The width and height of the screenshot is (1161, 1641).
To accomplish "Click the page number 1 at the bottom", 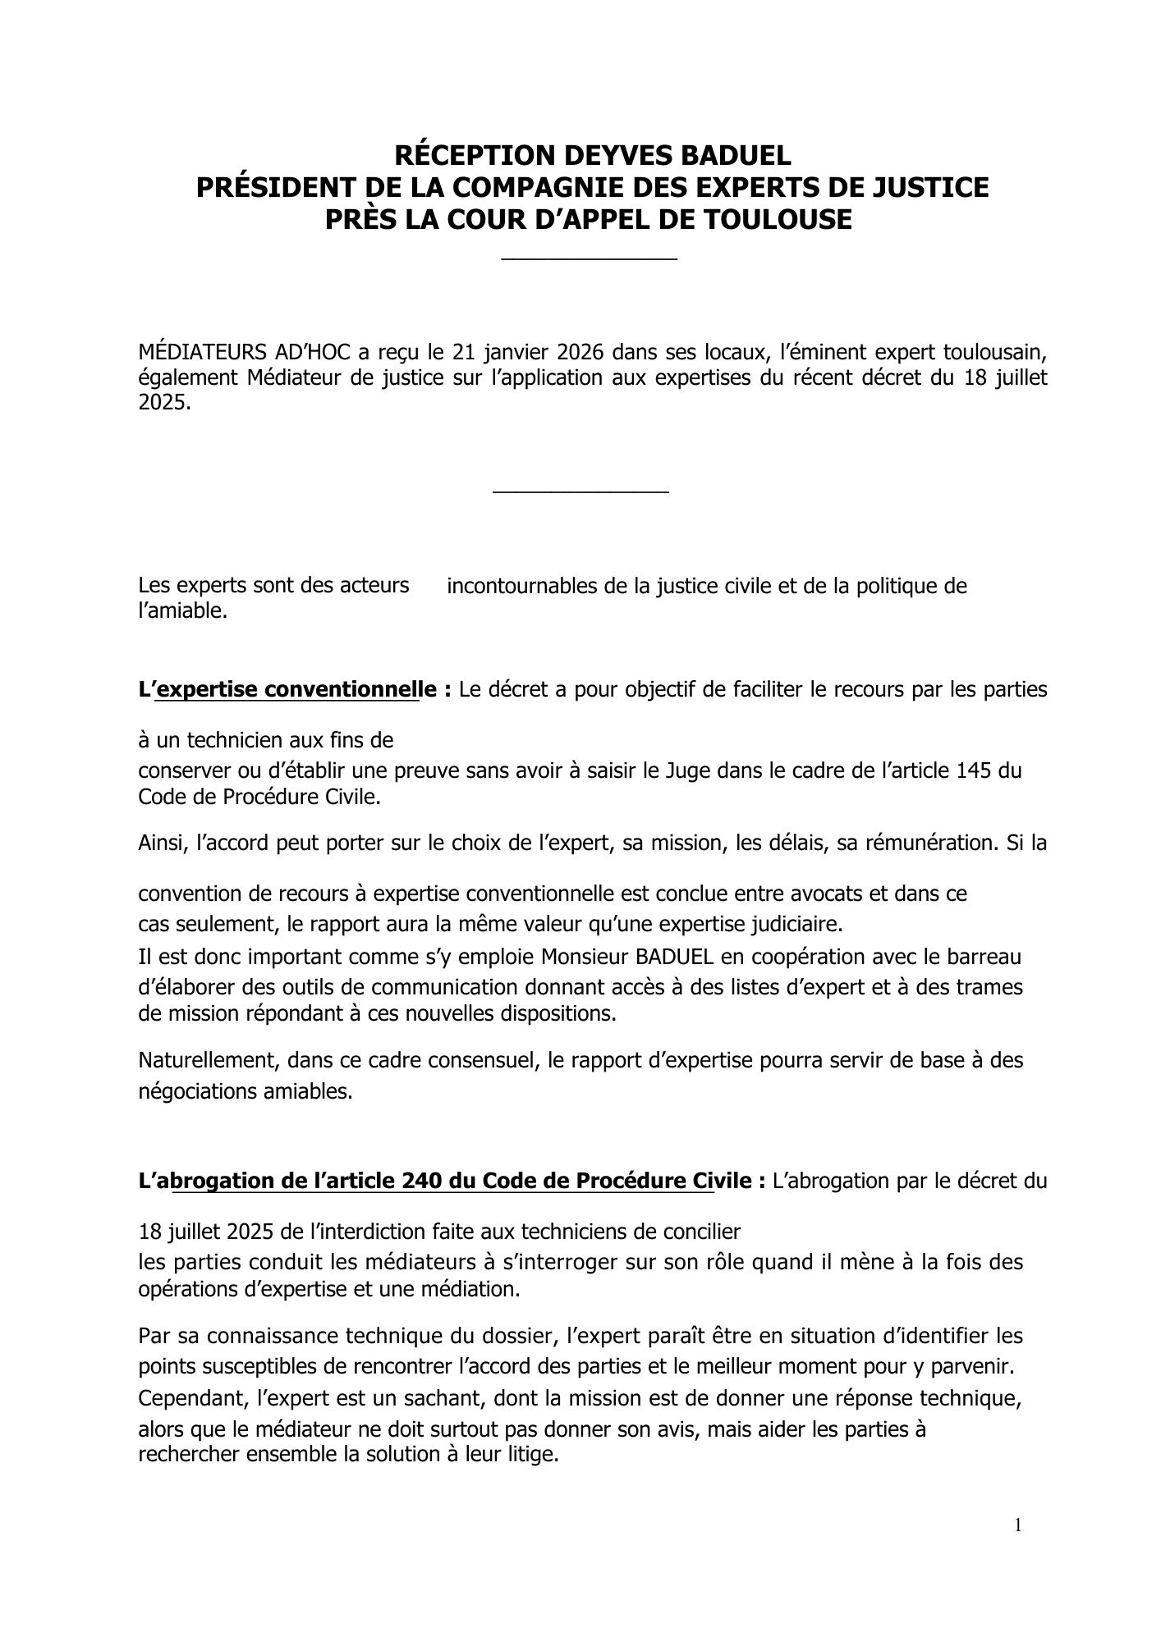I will point(1018,1525).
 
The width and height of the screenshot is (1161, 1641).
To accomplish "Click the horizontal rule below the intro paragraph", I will point(580,492).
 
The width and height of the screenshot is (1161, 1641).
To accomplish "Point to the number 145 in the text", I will point(975,770).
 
